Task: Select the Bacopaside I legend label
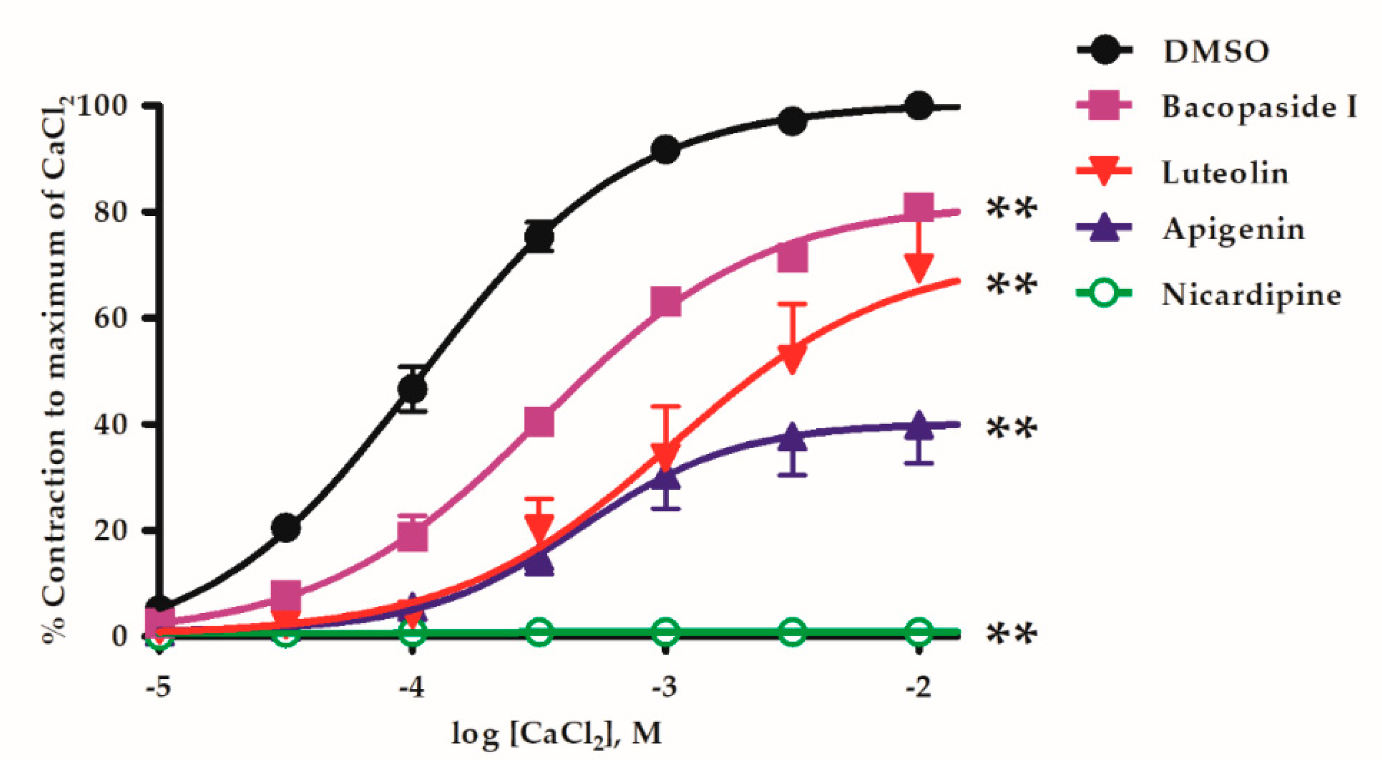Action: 1259,107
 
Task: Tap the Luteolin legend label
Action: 1225,173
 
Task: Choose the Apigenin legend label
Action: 1233,230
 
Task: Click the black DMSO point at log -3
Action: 665,150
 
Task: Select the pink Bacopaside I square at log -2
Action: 919,208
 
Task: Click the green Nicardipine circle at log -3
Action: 665,632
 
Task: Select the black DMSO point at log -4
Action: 412,389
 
